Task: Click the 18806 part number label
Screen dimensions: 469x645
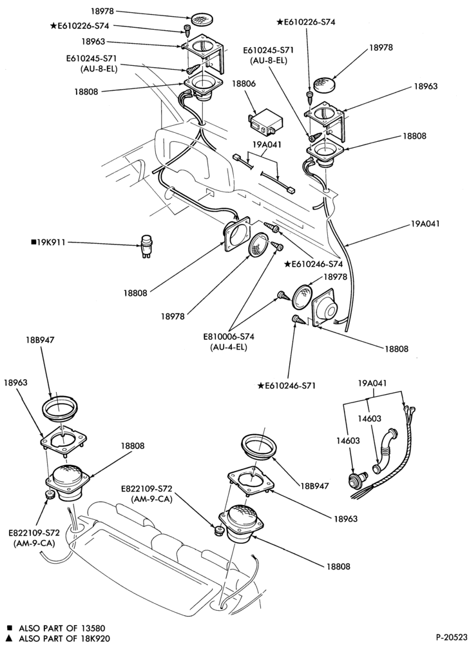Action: [x=244, y=84]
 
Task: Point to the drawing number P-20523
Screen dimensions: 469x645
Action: [x=451, y=637]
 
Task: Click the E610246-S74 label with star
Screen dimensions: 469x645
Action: [x=313, y=264]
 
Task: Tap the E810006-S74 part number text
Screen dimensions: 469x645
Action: [x=229, y=337]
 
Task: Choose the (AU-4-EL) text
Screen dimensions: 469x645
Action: [x=228, y=347]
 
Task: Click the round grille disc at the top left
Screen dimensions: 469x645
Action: [x=202, y=19]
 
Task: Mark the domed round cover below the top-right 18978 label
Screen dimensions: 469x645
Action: [x=325, y=85]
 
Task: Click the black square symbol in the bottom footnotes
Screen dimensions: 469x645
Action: [x=10, y=628]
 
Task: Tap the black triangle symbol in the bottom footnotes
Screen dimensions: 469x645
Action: [x=10, y=638]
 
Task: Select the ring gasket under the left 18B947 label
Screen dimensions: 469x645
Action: [x=60, y=408]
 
